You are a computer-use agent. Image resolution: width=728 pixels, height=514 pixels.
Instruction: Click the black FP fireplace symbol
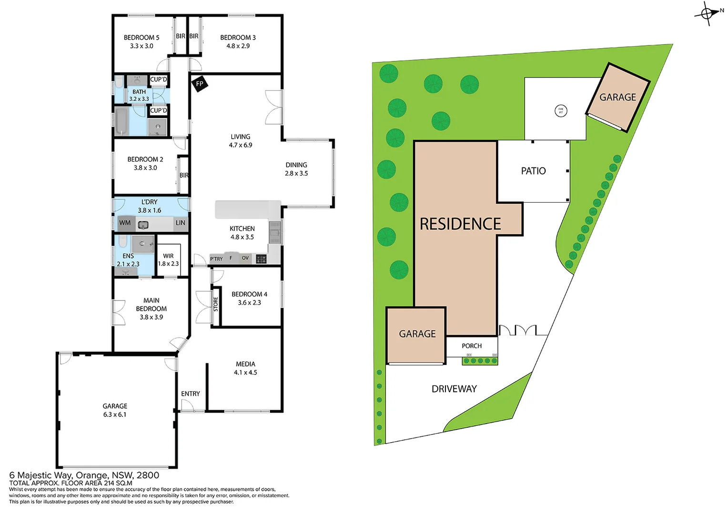(200, 84)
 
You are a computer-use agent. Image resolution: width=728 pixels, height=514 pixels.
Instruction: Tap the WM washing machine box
(125, 223)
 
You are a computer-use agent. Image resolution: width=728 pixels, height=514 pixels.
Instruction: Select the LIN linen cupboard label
(181, 223)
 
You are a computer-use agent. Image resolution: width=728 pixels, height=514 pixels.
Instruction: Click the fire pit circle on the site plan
(561, 111)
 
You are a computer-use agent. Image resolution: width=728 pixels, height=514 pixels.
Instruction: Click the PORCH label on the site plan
(471, 346)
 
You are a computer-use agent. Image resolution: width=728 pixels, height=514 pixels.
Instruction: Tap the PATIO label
(533, 171)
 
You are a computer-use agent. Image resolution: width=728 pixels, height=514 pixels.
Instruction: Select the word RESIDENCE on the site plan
(460, 224)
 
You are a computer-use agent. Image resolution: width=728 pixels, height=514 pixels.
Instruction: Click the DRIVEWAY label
(454, 389)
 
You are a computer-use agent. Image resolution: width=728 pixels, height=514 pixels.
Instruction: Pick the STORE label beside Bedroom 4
(216, 304)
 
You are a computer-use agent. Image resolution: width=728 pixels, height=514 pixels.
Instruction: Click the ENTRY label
(190, 394)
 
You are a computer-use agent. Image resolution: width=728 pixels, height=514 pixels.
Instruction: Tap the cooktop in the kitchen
(261, 259)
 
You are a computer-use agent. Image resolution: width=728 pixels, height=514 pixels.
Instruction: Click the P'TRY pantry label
(216, 259)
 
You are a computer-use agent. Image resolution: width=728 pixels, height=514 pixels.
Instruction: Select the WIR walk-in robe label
(168, 256)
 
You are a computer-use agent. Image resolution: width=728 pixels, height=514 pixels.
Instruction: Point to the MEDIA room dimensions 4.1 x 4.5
(245, 373)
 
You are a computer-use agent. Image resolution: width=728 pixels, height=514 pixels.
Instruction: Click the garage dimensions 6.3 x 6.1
(115, 415)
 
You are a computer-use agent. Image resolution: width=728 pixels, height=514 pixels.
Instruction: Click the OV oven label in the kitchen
(245, 258)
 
